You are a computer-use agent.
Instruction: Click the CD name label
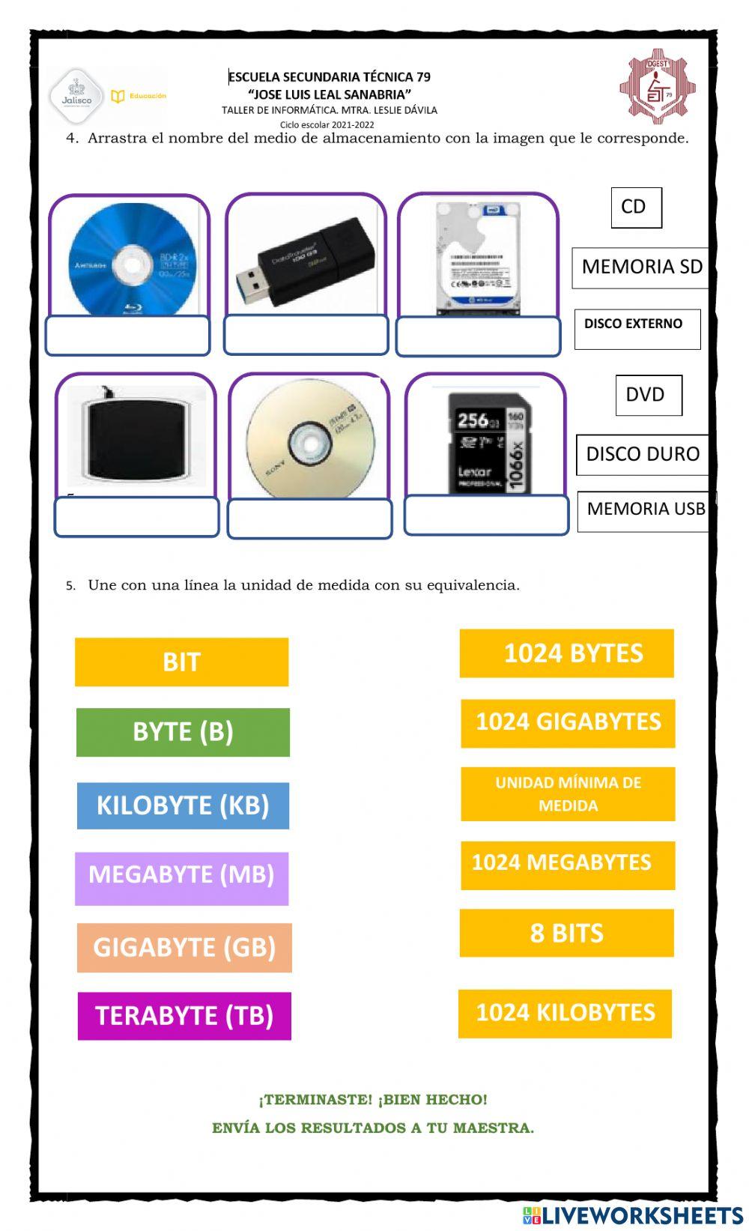(x=636, y=208)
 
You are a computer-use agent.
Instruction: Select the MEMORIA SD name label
(x=640, y=267)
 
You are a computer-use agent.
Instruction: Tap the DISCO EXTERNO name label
(x=637, y=328)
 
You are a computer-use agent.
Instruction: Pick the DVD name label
(x=648, y=395)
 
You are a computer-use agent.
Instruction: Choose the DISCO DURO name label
(x=642, y=454)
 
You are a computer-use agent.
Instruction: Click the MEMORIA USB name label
(x=645, y=509)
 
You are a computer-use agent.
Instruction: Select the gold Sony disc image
(x=309, y=442)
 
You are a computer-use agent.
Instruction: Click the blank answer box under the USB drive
(x=306, y=335)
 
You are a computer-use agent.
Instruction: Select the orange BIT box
(x=181, y=662)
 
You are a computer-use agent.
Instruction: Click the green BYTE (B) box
(x=183, y=732)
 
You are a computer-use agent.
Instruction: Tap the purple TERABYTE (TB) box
(x=184, y=1016)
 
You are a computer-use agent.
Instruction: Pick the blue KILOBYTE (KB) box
(x=183, y=805)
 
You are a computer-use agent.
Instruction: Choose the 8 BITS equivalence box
(x=566, y=933)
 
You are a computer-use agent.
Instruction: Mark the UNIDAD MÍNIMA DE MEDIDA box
(x=568, y=794)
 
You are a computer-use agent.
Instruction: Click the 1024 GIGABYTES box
(x=568, y=723)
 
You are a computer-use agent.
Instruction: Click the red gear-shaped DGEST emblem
(x=657, y=87)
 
